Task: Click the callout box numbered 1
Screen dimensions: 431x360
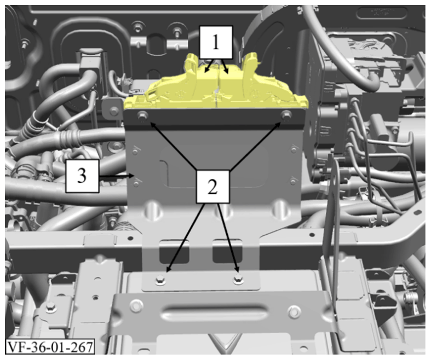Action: coord(216,43)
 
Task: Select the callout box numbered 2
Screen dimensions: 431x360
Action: coord(212,187)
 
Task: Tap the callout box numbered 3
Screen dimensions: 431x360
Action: coord(82,176)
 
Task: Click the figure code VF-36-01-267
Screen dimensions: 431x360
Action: coord(50,347)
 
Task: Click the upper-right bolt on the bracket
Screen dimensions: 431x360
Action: coord(286,114)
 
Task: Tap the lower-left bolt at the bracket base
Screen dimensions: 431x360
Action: coord(160,280)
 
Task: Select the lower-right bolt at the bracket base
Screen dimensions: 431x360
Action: coord(238,280)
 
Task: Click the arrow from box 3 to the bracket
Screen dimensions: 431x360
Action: coord(116,176)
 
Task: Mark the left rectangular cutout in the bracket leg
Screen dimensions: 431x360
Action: coord(174,251)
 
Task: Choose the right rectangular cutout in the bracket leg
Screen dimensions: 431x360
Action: coord(228,251)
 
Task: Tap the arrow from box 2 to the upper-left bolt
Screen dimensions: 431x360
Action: coord(173,147)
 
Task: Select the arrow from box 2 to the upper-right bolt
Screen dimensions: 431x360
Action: coord(255,146)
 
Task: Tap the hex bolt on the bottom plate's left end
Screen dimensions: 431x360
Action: coord(135,305)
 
